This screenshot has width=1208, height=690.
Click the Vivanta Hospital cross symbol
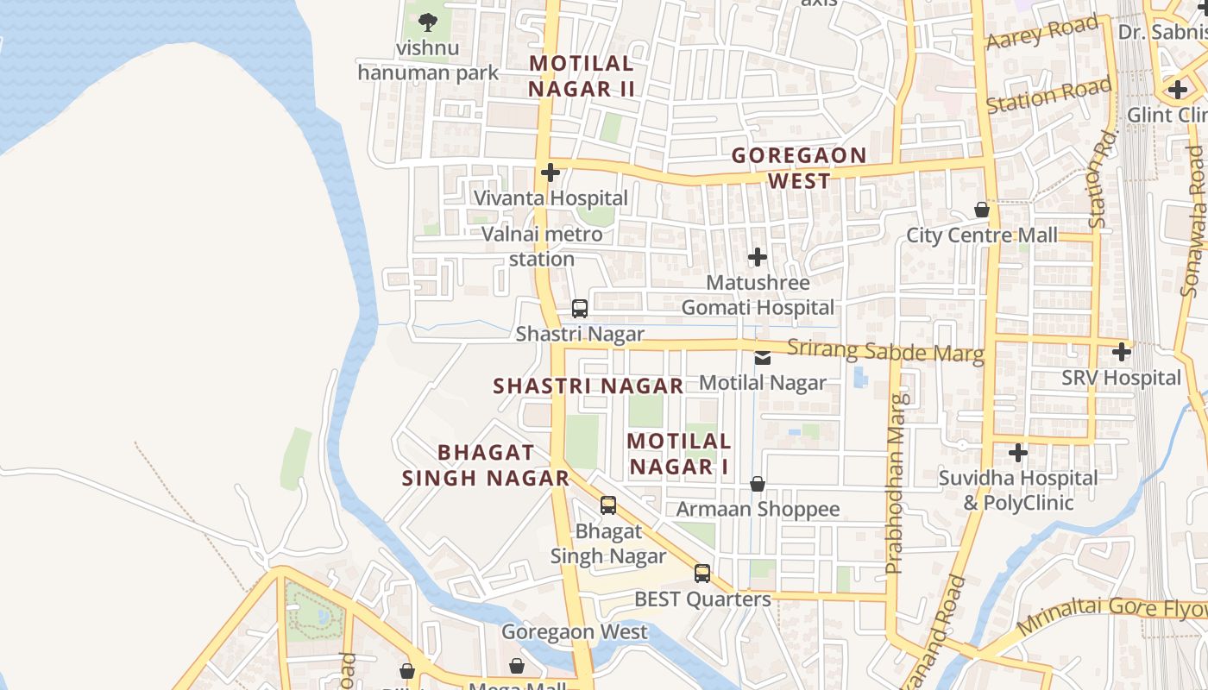(x=550, y=172)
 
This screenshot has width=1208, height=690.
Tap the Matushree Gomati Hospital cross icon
(x=757, y=257)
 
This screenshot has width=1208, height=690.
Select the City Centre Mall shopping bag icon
(x=981, y=210)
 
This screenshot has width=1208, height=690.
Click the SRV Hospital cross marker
(x=1121, y=352)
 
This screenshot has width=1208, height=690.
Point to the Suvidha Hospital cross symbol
(x=1018, y=452)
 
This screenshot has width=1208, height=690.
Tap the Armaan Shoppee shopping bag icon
(x=757, y=484)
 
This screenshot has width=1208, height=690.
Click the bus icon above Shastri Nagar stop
(x=580, y=309)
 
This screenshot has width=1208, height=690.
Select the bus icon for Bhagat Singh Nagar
(x=608, y=505)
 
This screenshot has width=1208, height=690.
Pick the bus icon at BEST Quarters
(x=702, y=574)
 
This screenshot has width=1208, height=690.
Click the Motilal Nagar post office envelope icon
(x=763, y=357)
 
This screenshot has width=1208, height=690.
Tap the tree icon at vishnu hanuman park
(x=426, y=22)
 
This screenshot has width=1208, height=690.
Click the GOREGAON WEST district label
(x=799, y=168)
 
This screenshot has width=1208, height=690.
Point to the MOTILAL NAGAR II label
(x=582, y=76)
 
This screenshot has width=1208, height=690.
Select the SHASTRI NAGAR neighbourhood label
(x=588, y=386)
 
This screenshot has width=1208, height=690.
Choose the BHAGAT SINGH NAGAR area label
(x=486, y=465)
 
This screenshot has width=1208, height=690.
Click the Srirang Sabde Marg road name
(x=885, y=351)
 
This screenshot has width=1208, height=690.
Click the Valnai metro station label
(x=542, y=246)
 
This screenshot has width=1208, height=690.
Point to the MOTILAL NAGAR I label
(x=679, y=454)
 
